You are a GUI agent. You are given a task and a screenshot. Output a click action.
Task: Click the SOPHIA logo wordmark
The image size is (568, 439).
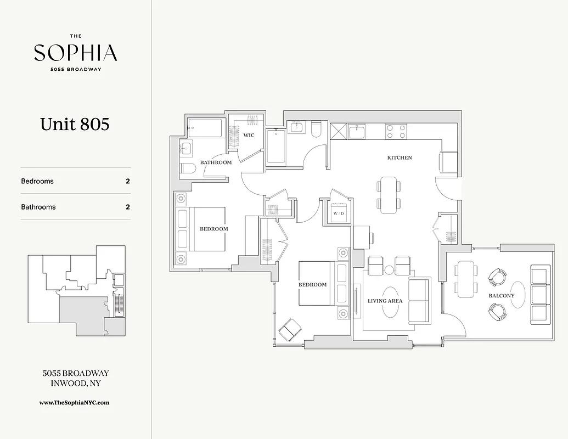(x=75, y=53)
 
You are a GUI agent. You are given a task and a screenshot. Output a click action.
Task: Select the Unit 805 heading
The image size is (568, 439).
(x=75, y=124)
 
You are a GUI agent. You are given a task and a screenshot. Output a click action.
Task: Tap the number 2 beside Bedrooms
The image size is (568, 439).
(x=128, y=181)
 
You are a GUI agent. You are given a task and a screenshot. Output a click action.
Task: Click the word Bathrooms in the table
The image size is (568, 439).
(x=38, y=207)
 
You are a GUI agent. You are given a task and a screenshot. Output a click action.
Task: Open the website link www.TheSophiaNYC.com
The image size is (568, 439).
(x=75, y=402)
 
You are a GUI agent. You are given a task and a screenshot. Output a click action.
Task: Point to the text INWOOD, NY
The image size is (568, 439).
(x=75, y=384)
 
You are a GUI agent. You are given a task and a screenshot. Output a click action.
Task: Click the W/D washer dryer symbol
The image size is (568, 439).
(x=338, y=212)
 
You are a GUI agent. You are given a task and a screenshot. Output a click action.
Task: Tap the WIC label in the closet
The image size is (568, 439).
(x=249, y=135)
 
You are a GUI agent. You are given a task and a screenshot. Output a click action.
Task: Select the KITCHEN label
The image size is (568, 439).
(x=400, y=157)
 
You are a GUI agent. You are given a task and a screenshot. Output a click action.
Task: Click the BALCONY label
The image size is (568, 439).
(x=502, y=296)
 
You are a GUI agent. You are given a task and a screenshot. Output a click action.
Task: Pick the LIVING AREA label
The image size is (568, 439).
(x=385, y=301)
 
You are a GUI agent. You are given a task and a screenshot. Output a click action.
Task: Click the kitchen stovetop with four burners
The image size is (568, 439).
(x=396, y=131)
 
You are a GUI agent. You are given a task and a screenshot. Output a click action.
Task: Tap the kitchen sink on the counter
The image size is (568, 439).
(x=357, y=132)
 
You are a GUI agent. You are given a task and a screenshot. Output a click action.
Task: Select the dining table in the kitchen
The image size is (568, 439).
(x=389, y=195)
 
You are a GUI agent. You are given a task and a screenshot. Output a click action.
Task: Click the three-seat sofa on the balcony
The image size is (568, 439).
(x=540, y=294)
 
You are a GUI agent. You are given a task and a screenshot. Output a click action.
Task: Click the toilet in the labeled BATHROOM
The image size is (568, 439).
(x=188, y=168)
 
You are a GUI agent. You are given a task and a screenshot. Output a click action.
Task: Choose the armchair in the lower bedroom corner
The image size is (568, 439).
(x=290, y=330)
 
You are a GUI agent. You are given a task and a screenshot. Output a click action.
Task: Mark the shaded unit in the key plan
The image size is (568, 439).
(x=82, y=316)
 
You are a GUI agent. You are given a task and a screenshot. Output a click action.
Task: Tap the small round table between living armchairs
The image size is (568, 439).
(x=389, y=269)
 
